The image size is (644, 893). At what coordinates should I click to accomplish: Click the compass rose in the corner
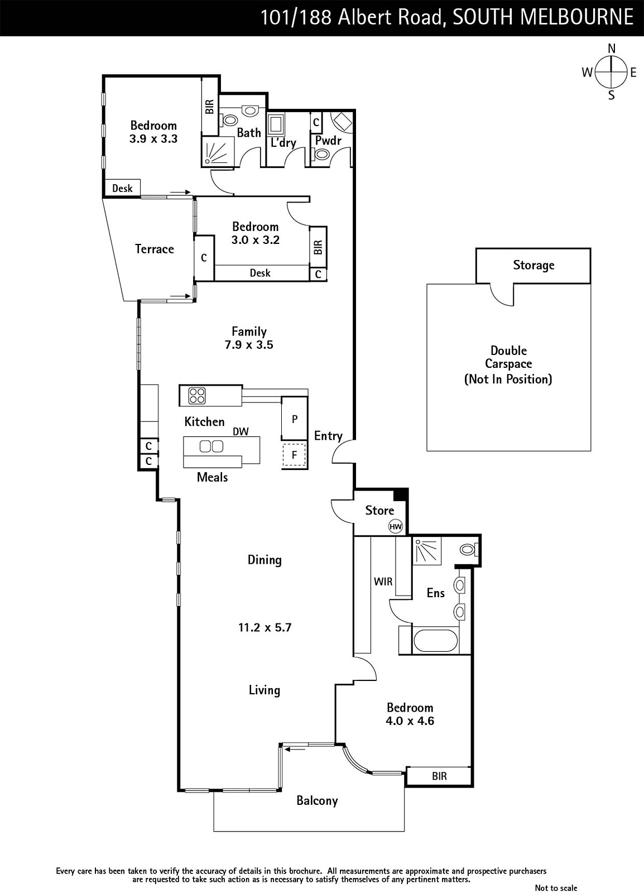tap(611, 72)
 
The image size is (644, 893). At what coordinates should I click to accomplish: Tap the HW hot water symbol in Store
tap(395, 527)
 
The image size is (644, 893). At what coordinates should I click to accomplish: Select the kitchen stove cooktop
tap(197, 396)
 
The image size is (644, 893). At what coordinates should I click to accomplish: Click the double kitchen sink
tap(211, 446)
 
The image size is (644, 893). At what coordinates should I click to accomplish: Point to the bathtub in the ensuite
tap(435, 641)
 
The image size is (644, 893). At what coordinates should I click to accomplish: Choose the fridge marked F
tap(294, 454)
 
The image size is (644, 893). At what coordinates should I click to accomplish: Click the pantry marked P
tap(294, 418)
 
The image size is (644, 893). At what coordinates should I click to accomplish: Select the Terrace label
tap(154, 249)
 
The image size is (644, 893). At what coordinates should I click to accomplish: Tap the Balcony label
tap(317, 800)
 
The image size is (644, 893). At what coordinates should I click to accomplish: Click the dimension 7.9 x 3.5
tap(249, 344)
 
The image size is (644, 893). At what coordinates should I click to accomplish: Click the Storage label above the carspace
tap(533, 265)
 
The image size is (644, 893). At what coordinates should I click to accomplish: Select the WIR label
tap(383, 582)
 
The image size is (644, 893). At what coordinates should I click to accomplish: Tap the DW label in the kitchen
tap(241, 431)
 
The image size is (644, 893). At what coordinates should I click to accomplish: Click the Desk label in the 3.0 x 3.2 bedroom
tap(260, 273)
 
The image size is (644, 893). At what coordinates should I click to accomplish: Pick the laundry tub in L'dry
tap(276, 124)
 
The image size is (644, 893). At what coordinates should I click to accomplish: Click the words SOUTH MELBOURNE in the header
tap(543, 17)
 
